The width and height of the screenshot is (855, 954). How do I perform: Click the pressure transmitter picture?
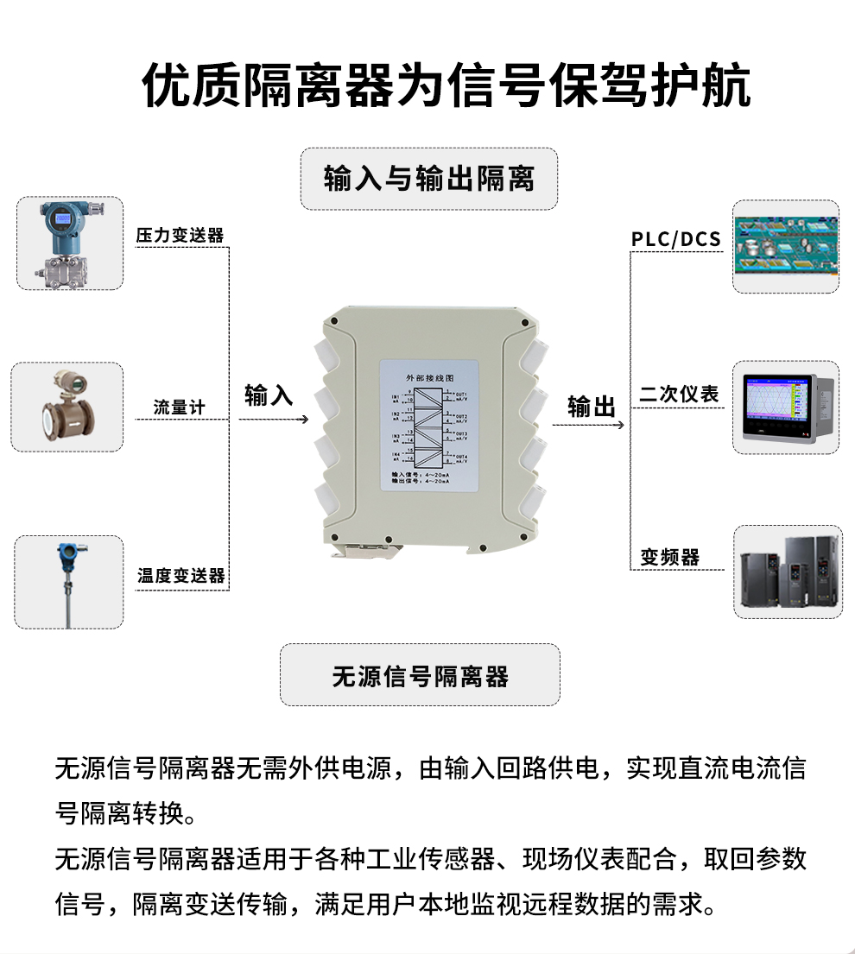click(x=70, y=243)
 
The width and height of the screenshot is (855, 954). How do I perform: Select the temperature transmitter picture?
click(x=68, y=581)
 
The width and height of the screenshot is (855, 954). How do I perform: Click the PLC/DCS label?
click(x=675, y=239)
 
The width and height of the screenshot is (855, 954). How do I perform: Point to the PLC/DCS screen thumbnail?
click(x=785, y=246)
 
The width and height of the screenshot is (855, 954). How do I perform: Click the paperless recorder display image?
click(x=785, y=407)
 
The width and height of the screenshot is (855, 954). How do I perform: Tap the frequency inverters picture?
click(x=785, y=572)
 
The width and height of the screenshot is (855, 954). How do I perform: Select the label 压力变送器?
click(x=180, y=236)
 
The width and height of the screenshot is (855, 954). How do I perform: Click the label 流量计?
click(x=179, y=407)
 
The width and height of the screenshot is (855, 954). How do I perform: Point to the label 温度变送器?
click(x=180, y=575)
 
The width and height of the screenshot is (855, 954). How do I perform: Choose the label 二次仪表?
click(x=679, y=395)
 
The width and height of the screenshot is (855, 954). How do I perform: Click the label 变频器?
click(x=669, y=558)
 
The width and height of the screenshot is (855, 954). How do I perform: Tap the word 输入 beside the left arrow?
click(x=269, y=395)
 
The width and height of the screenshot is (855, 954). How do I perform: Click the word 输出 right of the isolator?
click(x=592, y=407)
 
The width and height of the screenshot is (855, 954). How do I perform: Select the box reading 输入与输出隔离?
click(x=428, y=179)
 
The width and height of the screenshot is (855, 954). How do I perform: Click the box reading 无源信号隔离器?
click(x=420, y=675)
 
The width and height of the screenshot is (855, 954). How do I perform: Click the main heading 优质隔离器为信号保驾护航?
click(x=446, y=85)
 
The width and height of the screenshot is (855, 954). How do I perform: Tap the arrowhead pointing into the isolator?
click(x=304, y=420)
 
